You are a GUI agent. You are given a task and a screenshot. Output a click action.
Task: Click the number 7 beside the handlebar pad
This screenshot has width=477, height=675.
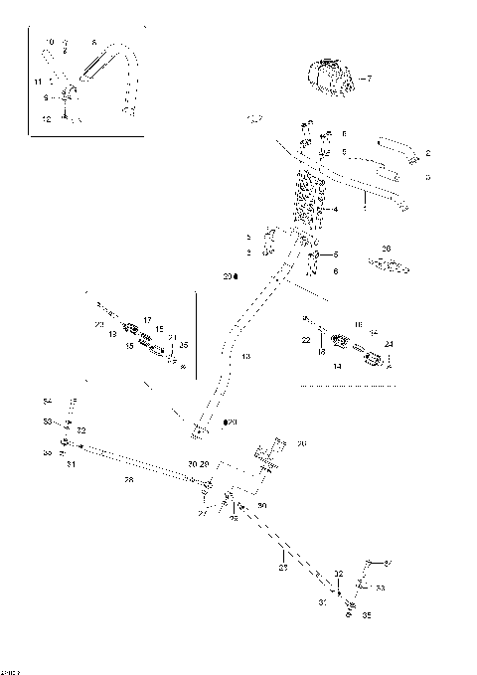click(367, 78)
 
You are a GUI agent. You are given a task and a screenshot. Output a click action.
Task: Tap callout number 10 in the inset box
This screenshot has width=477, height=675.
click(50, 42)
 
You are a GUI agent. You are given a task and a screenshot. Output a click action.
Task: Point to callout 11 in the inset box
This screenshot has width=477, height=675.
click(39, 80)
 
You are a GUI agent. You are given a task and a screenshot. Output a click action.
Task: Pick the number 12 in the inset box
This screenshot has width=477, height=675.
click(46, 118)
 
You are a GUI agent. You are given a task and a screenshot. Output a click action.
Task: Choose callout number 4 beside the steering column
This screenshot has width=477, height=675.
click(336, 210)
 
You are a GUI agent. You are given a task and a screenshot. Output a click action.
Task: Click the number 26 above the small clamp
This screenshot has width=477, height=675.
click(387, 250)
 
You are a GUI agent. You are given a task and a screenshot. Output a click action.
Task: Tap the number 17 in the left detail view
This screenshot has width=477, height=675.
click(146, 320)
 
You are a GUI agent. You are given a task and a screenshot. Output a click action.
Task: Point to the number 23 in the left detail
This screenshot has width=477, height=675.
click(98, 324)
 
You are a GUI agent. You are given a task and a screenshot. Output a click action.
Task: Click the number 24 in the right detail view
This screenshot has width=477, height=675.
click(388, 345)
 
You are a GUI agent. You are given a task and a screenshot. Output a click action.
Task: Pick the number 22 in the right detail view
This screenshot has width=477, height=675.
click(306, 340)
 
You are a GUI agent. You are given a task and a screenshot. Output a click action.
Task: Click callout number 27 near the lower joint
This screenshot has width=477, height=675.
click(203, 514)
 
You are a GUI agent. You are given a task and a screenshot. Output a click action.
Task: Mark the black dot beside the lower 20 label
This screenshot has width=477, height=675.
click(226, 422)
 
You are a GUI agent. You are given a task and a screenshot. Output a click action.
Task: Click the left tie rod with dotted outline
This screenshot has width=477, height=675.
click(129, 464)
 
